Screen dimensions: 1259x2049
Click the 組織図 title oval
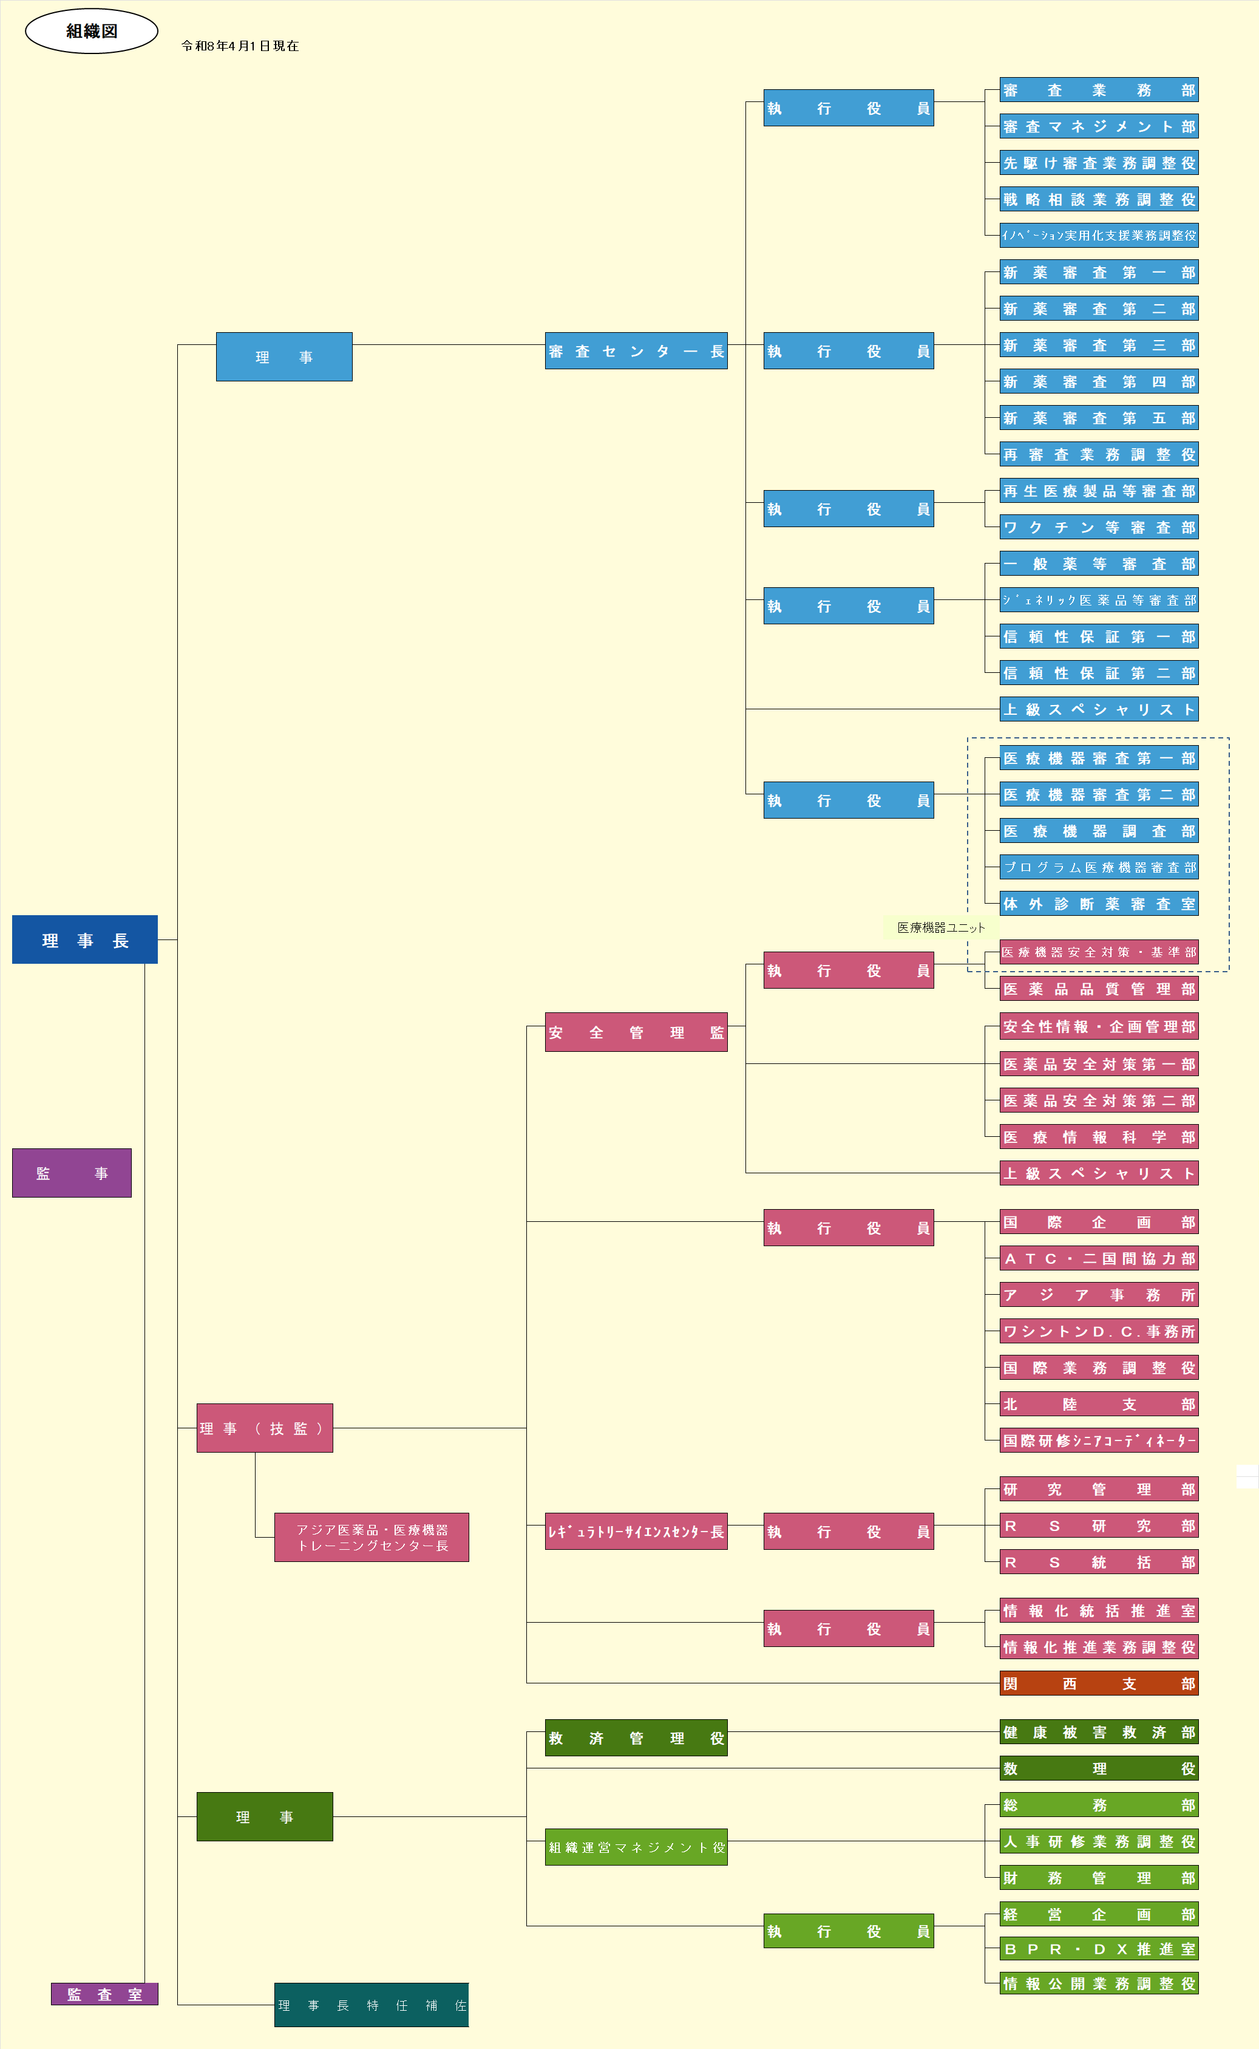coord(92,31)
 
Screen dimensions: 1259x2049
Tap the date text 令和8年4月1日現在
coord(240,46)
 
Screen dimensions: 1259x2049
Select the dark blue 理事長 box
coord(85,939)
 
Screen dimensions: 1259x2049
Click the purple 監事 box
coord(72,1173)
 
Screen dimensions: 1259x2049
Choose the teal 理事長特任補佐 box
coord(372,2005)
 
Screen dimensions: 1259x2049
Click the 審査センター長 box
coord(636,350)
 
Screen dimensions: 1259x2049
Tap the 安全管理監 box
coord(636,1032)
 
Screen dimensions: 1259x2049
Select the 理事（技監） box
coord(265,1428)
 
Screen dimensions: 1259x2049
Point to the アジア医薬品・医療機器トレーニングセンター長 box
coord(372,1536)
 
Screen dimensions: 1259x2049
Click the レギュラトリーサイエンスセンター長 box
coord(636,1531)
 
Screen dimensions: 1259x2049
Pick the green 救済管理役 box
coord(636,1737)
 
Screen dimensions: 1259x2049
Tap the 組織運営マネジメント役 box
coord(636,1847)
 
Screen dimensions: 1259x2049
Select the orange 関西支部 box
coord(1099,1683)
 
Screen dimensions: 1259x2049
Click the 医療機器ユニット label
coord(941,927)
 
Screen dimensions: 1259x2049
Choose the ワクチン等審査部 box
coord(1099,527)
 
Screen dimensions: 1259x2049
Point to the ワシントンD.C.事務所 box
coord(1099,1331)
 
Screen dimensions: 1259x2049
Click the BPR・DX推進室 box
coord(1099,1949)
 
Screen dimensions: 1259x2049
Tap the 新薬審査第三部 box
coord(1099,345)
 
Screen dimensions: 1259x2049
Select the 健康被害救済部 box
coord(1099,1731)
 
